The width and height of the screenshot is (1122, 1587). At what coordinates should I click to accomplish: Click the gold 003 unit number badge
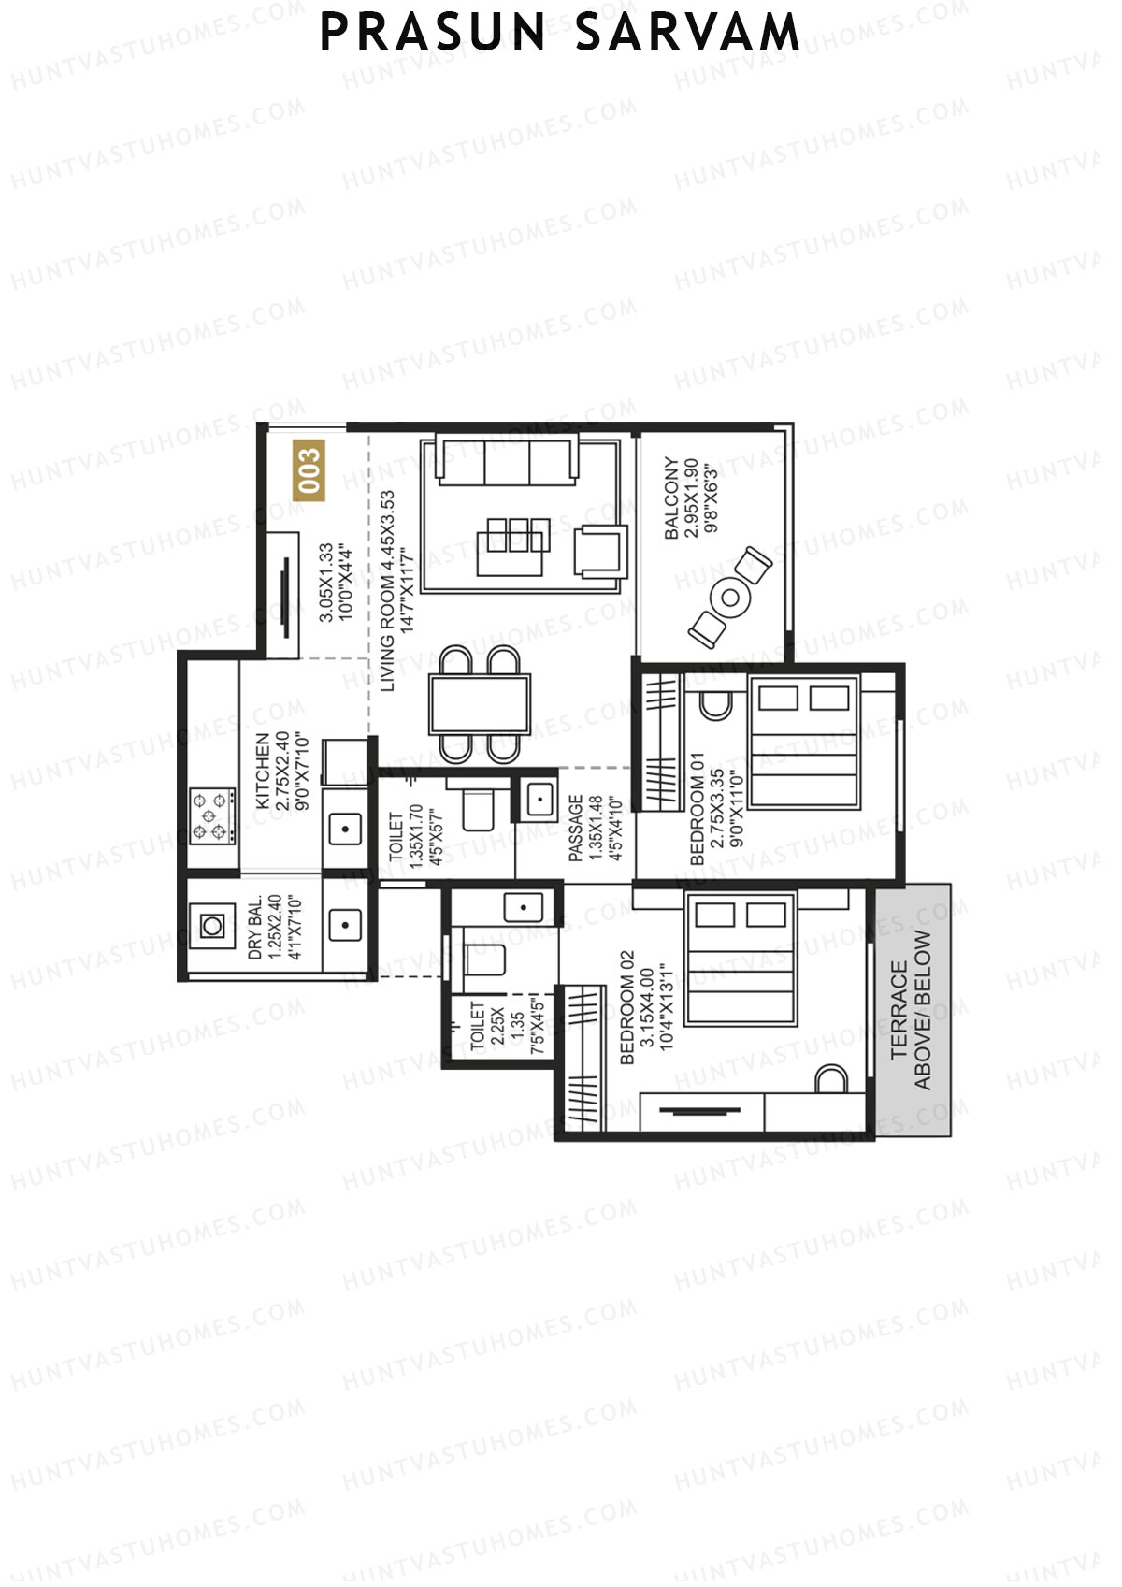[x=309, y=470]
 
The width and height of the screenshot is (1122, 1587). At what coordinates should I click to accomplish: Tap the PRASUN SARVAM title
[x=560, y=33]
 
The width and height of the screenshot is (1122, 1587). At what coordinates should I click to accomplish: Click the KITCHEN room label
[x=263, y=771]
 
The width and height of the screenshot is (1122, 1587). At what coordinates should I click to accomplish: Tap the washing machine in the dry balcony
[x=213, y=926]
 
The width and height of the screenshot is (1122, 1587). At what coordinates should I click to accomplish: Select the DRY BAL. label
[x=256, y=928]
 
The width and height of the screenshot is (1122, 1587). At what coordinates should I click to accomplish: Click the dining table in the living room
[x=480, y=703]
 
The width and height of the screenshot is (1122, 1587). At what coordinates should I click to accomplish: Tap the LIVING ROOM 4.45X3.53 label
[x=388, y=591]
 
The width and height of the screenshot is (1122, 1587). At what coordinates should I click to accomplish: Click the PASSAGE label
[x=576, y=828]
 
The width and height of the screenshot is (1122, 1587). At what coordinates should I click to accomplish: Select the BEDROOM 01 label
[x=697, y=808]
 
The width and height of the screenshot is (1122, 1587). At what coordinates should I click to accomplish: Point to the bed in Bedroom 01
[x=804, y=743]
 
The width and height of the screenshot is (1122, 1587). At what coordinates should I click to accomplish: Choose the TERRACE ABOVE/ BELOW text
[x=912, y=1010]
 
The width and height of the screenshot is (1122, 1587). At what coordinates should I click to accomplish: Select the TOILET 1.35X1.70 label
[x=396, y=837]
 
